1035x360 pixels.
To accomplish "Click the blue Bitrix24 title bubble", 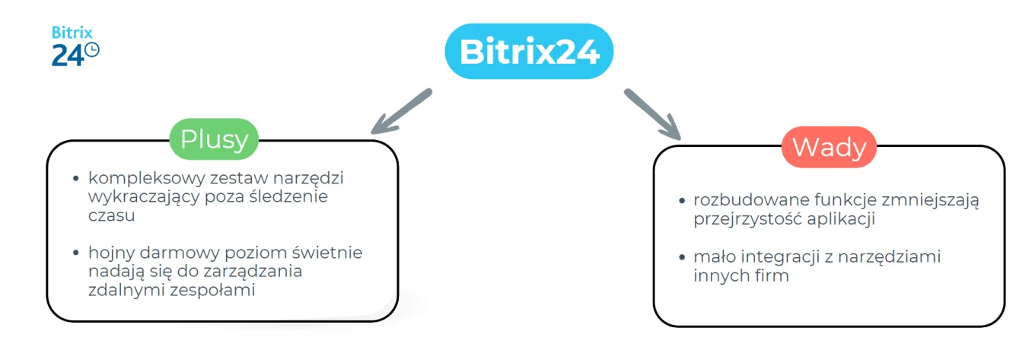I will coord(528,53).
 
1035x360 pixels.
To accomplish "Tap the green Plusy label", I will coord(214,139).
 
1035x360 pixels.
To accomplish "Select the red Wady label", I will coord(829,146).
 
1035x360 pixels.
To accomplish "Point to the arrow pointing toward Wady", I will coord(652,114).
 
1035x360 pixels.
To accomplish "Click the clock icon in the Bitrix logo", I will coord(91,50).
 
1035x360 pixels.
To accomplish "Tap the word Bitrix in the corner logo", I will coord(72,33).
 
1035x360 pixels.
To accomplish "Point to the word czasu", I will coord(111,215).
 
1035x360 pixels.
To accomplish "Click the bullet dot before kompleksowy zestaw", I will coord(76,179).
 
